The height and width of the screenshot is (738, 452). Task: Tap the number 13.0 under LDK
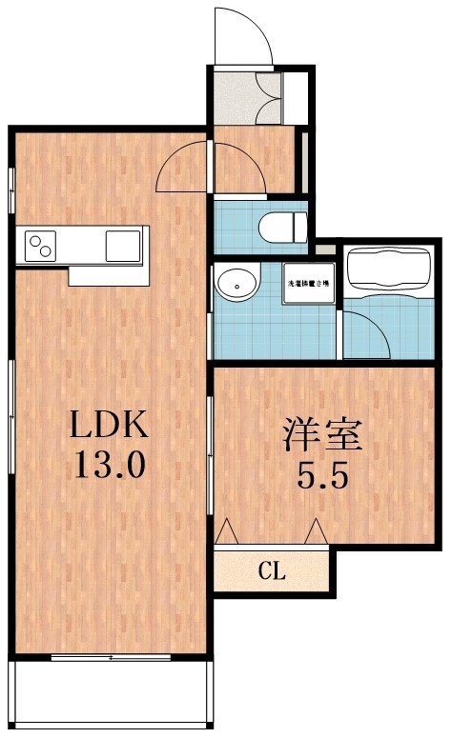click(x=110, y=467)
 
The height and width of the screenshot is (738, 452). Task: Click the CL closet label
click(x=272, y=571)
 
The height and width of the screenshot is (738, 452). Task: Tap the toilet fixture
click(x=282, y=227)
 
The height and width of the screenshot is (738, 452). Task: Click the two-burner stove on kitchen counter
click(x=41, y=245)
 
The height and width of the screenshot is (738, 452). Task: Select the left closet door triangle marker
click(x=227, y=530)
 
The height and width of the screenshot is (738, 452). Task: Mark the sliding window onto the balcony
click(x=110, y=657)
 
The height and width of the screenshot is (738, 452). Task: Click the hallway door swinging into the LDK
click(x=181, y=167)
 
